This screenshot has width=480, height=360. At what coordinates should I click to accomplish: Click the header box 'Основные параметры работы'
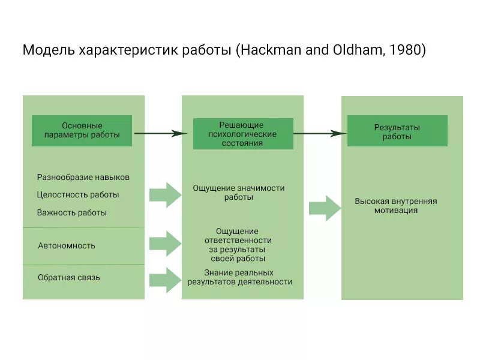point(82,131)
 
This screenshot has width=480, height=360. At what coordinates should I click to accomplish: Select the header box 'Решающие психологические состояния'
point(242,134)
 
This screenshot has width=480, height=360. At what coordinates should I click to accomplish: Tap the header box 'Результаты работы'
point(397,131)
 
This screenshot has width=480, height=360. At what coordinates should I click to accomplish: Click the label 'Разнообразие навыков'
point(83,178)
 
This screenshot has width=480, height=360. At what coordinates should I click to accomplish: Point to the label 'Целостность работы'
point(77,195)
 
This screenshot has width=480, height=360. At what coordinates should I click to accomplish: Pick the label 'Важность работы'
point(71,212)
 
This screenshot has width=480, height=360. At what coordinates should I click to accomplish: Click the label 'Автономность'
point(66,245)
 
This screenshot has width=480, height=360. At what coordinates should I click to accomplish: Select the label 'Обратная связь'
point(68,278)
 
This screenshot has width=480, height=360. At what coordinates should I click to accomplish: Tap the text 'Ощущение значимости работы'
point(239,193)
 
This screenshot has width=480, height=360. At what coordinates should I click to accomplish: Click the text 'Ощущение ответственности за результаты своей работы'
point(238,245)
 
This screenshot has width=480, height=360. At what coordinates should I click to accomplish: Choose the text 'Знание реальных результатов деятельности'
point(239,277)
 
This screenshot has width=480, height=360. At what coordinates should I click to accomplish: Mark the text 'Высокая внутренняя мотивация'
point(395,206)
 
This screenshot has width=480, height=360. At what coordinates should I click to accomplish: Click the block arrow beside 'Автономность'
point(165,243)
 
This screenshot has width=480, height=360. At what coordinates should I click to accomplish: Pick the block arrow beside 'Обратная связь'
point(165,278)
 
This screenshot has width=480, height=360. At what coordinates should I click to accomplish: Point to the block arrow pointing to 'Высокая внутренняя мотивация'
point(325,208)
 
